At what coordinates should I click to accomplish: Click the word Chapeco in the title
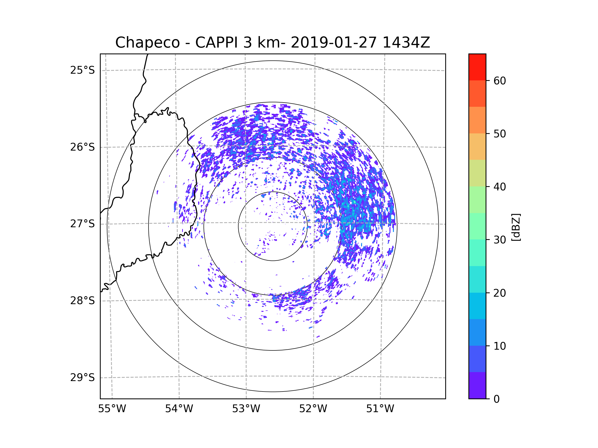147,43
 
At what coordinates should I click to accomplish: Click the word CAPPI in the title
216,43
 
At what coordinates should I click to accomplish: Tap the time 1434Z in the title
406,43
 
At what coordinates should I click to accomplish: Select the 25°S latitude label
82,70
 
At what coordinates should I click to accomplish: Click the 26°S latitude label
82,147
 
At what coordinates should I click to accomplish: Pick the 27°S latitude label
82,224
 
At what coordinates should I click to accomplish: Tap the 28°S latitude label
82,301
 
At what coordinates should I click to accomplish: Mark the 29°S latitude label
82,378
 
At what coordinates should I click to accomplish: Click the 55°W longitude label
112,409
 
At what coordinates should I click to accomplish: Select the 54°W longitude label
179,409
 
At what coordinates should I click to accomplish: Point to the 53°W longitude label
246,409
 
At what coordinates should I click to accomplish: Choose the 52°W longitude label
313,409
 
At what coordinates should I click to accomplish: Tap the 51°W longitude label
380,409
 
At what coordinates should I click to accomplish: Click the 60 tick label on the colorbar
500,81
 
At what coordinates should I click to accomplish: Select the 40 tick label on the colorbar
500,187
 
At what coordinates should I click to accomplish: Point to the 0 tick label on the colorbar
497,399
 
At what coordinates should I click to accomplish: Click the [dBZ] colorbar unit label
516,227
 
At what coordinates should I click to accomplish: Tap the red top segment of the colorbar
477,67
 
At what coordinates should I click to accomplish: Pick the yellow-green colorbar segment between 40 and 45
477,173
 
